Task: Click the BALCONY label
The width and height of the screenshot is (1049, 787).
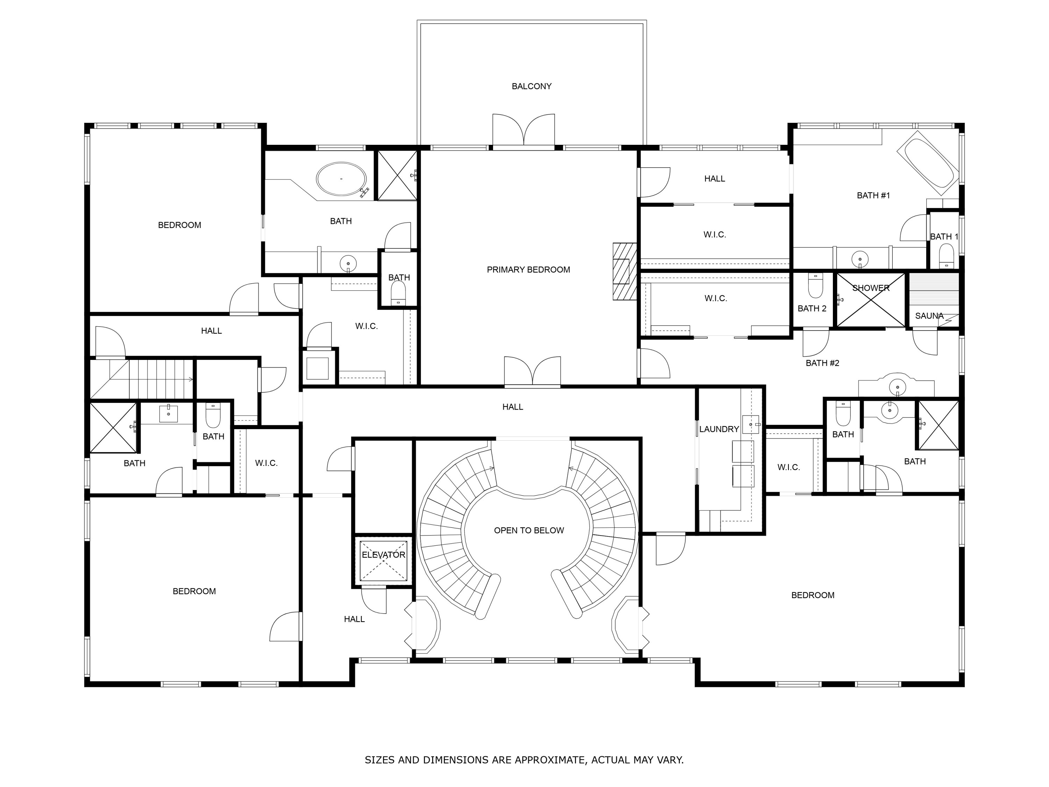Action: coord(531,86)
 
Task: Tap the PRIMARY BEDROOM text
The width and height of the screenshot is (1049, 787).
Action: coord(528,269)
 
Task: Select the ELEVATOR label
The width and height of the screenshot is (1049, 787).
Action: coord(383,554)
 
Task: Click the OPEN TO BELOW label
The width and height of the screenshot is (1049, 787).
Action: coord(529,530)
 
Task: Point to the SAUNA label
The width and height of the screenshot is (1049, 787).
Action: coord(929,315)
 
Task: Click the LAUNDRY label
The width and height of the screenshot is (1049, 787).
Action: coord(719,429)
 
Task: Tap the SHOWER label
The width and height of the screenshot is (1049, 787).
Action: coord(871,288)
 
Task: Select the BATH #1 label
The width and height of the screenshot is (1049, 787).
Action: coord(873,196)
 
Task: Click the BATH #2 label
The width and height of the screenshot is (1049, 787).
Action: coord(822,363)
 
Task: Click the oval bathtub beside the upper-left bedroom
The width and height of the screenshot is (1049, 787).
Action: coord(341,179)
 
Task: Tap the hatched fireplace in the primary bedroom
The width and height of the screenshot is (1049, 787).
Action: coord(624,271)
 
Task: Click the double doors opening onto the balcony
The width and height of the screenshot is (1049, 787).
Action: coord(523,130)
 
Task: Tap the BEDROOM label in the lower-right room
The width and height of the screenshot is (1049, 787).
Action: coord(812,595)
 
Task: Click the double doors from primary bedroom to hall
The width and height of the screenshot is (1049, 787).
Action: coord(532,371)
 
